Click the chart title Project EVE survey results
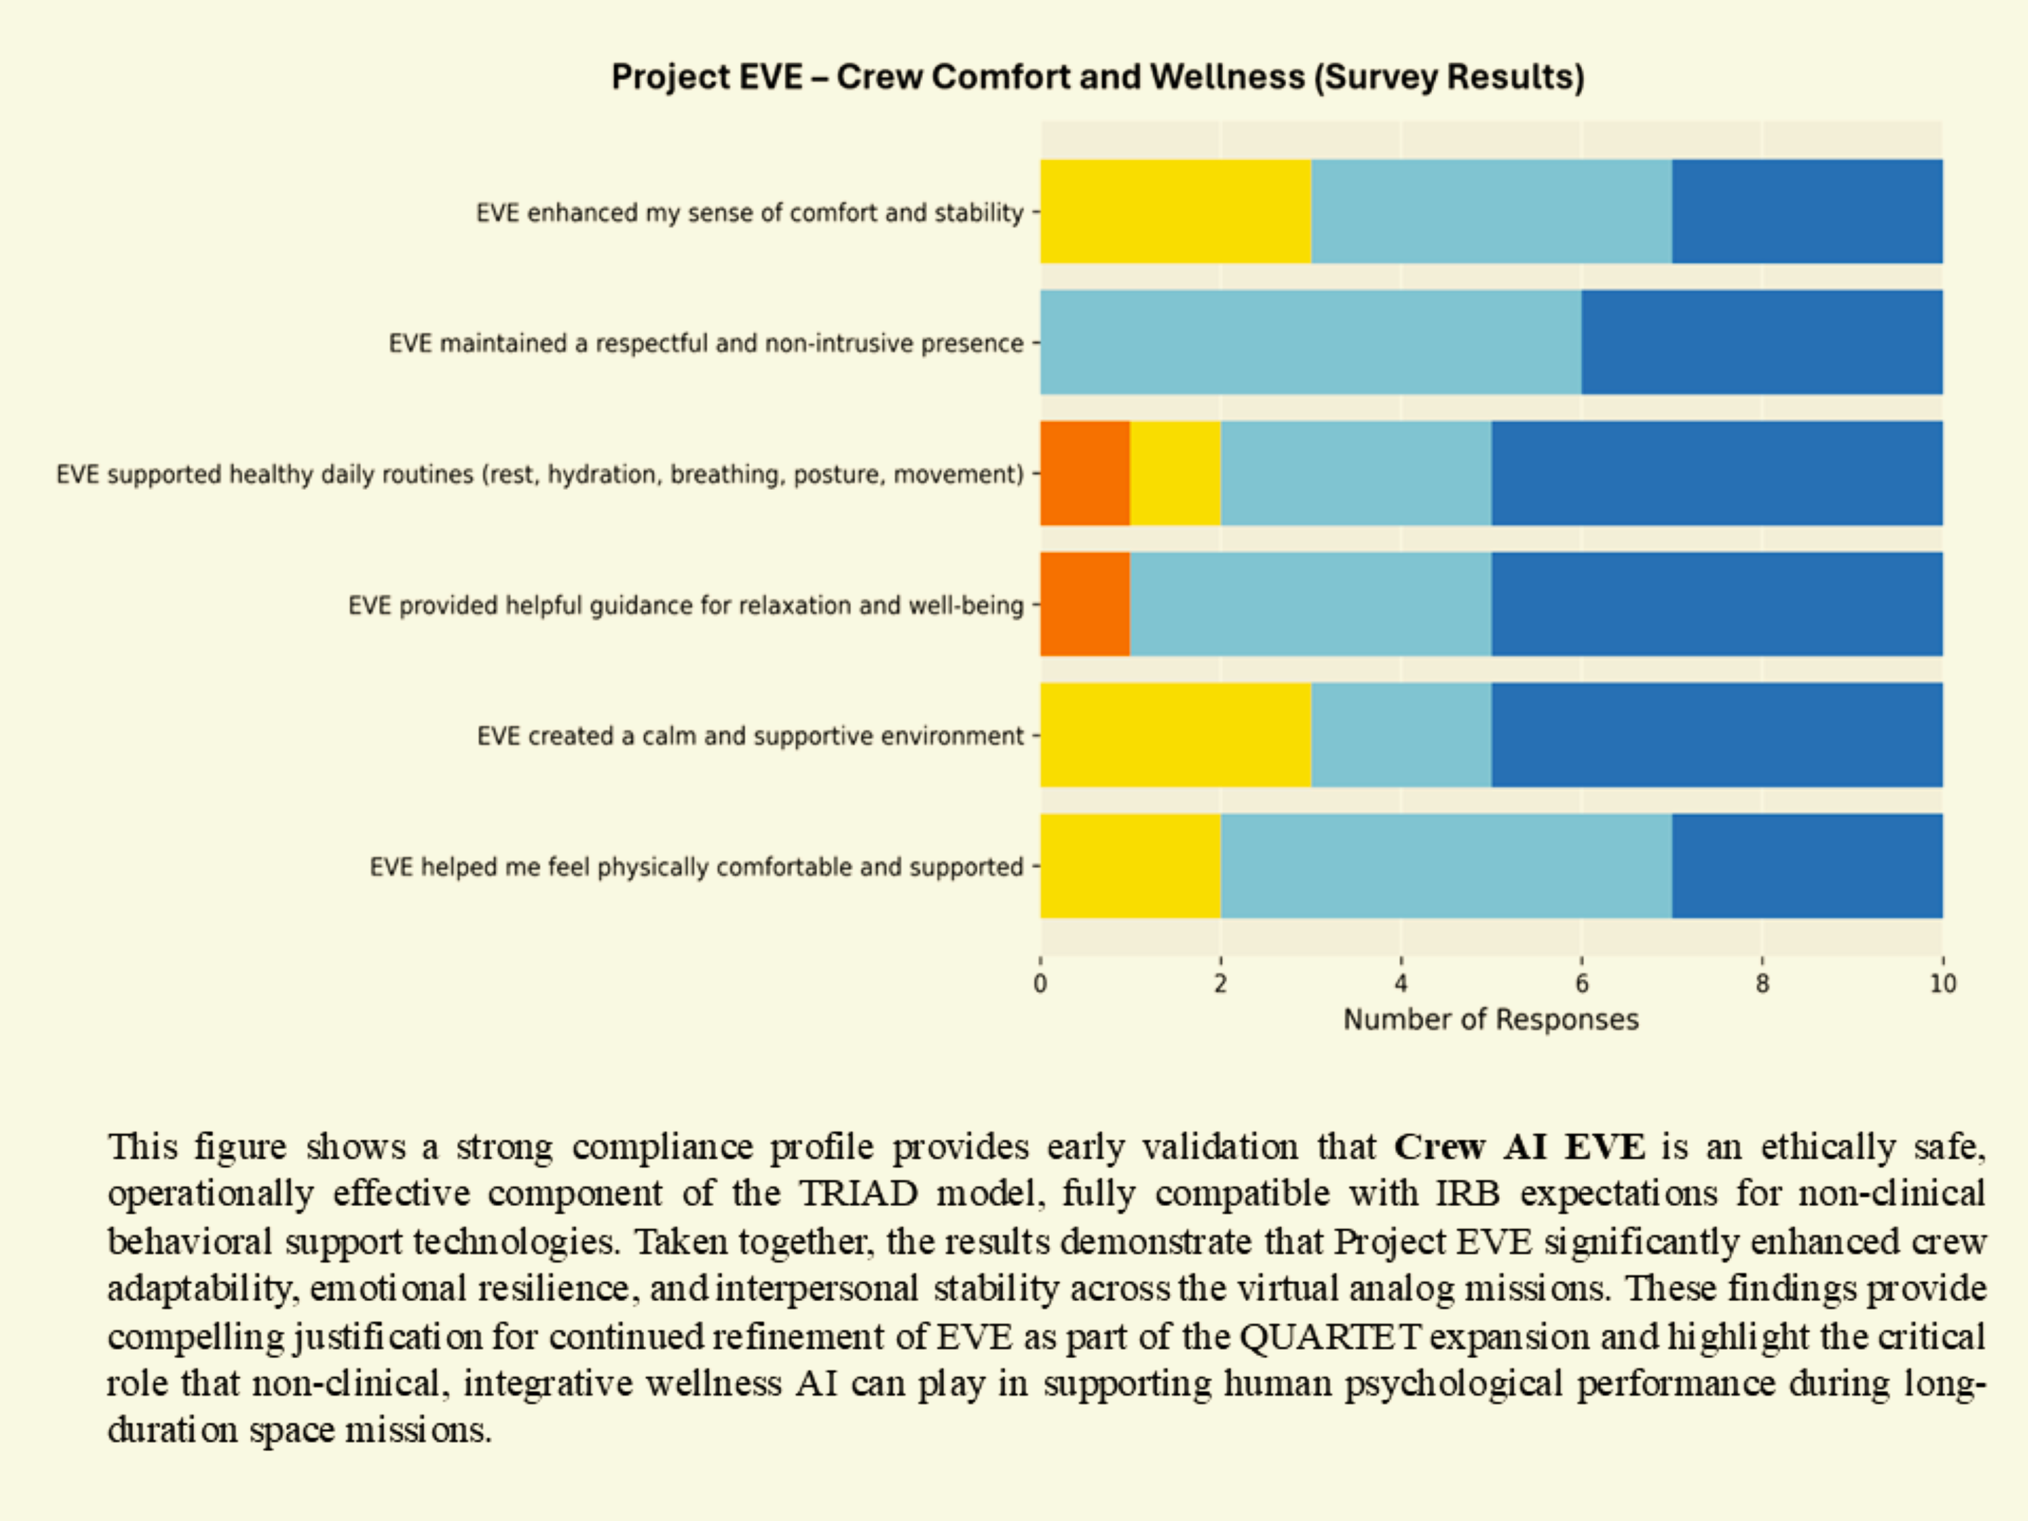1098,77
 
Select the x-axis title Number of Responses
1491,1019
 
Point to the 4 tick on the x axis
1401,984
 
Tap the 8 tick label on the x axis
1762,984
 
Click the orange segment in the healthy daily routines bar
1085,473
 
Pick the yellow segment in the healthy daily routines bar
1176,473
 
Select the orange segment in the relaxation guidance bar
1085,604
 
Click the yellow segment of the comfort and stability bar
1176,212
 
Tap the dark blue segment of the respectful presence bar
1761,342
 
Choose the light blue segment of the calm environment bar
1401,735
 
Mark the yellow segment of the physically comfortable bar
1130,865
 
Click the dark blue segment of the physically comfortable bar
1806,865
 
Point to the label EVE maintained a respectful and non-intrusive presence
706,343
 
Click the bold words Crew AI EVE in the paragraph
1519,1147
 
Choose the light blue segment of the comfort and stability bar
1491,212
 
